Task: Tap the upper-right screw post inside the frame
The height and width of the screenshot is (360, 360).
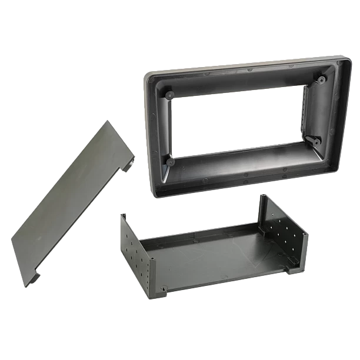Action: pyautogui.click(x=321, y=79)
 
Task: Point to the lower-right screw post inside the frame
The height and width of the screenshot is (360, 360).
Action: pyautogui.click(x=315, y=141)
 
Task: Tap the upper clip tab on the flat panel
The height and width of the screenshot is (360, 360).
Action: pyautogui.click(x=126, y=168)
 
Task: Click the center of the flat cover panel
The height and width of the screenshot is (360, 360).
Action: pyautogui.click(x=74, y=203)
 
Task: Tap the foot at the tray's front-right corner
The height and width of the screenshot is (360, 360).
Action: pyautogui.click(x=289, y=271)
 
